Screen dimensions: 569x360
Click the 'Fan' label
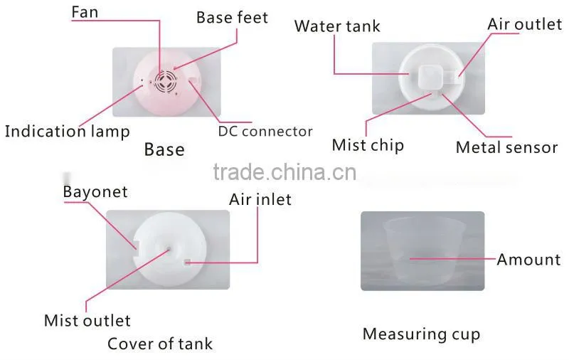click(85, 12)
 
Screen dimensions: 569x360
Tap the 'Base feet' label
click(233, 17)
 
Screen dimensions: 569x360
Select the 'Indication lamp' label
click(67, 132)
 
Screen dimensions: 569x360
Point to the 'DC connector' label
click(265, 132)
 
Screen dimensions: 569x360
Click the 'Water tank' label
click(337, 26)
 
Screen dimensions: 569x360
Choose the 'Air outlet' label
click(525, 24)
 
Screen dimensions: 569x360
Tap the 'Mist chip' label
click(368, 145)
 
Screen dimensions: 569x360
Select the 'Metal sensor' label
click(506, 147)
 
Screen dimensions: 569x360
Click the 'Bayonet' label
click(95, 192)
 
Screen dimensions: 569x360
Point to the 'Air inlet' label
click(260, 200)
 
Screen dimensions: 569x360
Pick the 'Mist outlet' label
click(87, 321)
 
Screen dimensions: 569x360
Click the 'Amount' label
click(528, 260)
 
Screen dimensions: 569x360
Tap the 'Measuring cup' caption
click(421, 334)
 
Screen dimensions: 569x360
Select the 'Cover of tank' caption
click(160, 344)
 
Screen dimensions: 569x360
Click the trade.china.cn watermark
click(285, 172)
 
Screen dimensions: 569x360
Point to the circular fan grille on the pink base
click(166, 81)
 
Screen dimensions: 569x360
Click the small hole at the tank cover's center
click(169, 249)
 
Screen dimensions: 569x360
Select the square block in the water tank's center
click(431, 77)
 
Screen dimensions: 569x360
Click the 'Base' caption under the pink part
click(164, 149)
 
